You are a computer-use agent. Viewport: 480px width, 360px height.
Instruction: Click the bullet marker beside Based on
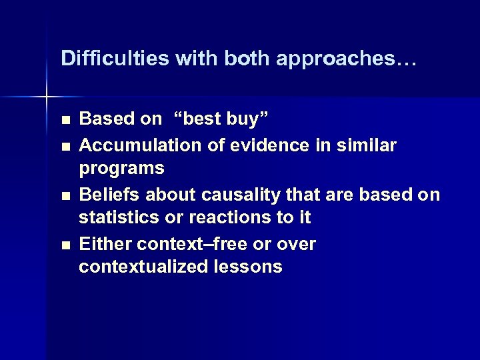tap(64, 121)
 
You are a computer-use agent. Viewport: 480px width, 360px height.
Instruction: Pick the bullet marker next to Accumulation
tap(64, 145)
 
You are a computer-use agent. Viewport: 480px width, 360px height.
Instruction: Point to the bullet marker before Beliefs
tap(64, 195)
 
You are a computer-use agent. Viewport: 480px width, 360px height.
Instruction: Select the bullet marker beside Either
tap(64, 245)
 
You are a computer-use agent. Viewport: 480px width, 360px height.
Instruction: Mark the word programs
tap(122, 169)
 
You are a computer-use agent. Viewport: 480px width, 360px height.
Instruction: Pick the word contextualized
tap(141, 267)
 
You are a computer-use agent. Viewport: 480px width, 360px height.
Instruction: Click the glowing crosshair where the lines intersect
tap(47, 97)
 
